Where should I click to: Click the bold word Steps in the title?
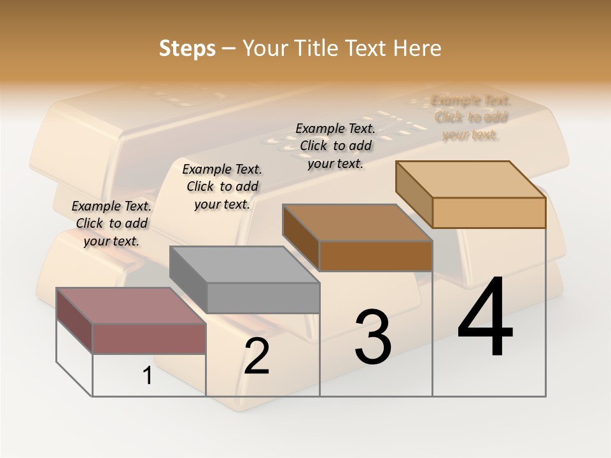coord(187,48)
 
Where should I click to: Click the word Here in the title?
coord(417,48)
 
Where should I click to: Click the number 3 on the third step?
coord(372,337)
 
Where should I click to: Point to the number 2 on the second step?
coord(256,356)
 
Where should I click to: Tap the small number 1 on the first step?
coord(148,376)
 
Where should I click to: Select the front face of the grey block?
coord(263,298)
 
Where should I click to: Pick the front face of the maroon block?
coord(149,338)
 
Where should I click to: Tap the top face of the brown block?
coord(357,223)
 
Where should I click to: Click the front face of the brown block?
coord(376,256)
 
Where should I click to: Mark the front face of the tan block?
coord(489,212)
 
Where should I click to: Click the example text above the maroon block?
coord(111,223)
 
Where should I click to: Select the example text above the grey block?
coord(222,186)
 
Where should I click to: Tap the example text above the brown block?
coord(335,146)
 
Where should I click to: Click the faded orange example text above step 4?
coord(471,117)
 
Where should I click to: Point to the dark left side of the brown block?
coord(300,238)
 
